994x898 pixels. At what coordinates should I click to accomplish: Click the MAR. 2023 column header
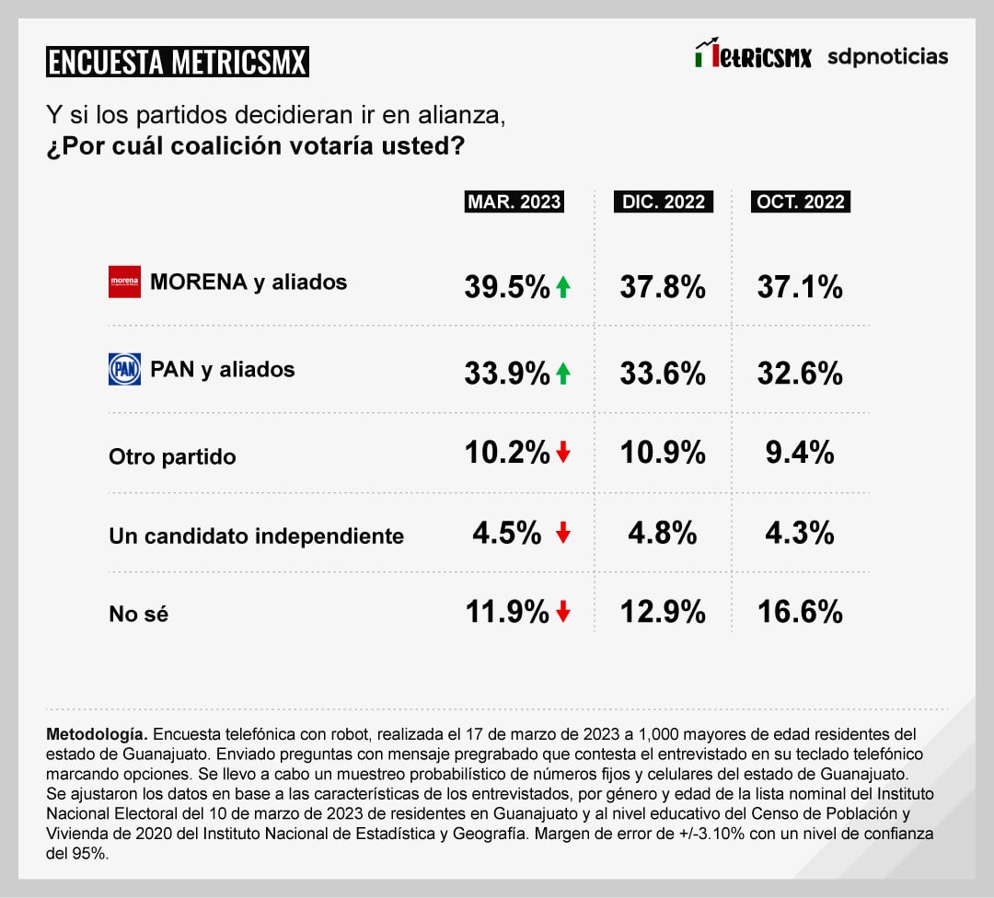pos(514,201)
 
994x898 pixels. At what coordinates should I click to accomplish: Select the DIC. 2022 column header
pos(663,201)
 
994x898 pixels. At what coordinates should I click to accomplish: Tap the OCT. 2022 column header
pos(801,201)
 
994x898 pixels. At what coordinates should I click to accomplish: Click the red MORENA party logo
pos(124,282)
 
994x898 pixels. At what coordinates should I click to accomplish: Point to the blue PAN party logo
pos(124,370)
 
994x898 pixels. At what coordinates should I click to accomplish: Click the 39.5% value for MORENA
pos(507,287)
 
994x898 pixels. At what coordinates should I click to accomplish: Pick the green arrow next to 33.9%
pos(563,374)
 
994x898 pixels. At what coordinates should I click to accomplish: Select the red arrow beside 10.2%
pos(563,453)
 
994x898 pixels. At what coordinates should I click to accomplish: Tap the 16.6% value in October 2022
pos(800,612)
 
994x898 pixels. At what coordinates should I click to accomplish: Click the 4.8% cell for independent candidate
pos(663,533)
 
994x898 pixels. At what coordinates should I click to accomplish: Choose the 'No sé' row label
pos(138,615)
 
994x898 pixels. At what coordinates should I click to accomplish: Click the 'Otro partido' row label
pos(172,456)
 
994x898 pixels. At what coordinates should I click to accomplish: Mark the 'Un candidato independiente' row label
pos(256,535)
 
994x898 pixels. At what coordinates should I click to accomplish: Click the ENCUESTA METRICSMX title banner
pos(177,63)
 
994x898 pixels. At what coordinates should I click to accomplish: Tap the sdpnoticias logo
pos(887,56)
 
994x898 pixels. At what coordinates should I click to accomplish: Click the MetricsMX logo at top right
pos(753,55)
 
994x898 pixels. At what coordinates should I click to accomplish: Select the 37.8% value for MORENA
pos(663,287)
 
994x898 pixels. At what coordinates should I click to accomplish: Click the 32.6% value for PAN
pos(800,374)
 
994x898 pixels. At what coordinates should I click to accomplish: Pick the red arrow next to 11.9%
pos(563,612)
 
